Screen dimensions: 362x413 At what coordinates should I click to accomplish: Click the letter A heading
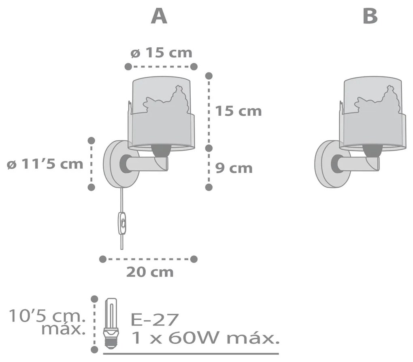click(x=159, y=17)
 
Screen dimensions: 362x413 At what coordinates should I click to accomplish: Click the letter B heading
click(x=370, y=17)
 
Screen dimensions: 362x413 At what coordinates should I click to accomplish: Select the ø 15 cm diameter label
click(x=161, y=53)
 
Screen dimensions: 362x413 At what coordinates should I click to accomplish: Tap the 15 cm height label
click(x=238, y=111)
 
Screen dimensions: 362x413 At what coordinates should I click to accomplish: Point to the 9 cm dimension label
click(x=233, y=168)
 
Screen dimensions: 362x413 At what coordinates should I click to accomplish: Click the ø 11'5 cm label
click(x=45, y=164)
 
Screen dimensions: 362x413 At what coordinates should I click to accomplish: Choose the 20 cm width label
click(x=150, y=272)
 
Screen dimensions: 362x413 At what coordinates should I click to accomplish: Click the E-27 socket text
click(x=155, y=320)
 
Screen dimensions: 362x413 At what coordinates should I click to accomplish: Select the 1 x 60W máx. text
click(x=205, y=338)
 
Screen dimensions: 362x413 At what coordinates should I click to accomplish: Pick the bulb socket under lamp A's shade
click(x=161, y=151)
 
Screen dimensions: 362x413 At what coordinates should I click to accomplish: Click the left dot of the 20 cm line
click(x=102, y=258)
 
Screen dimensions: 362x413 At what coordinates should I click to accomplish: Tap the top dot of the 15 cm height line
click(x=209, y=75)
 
